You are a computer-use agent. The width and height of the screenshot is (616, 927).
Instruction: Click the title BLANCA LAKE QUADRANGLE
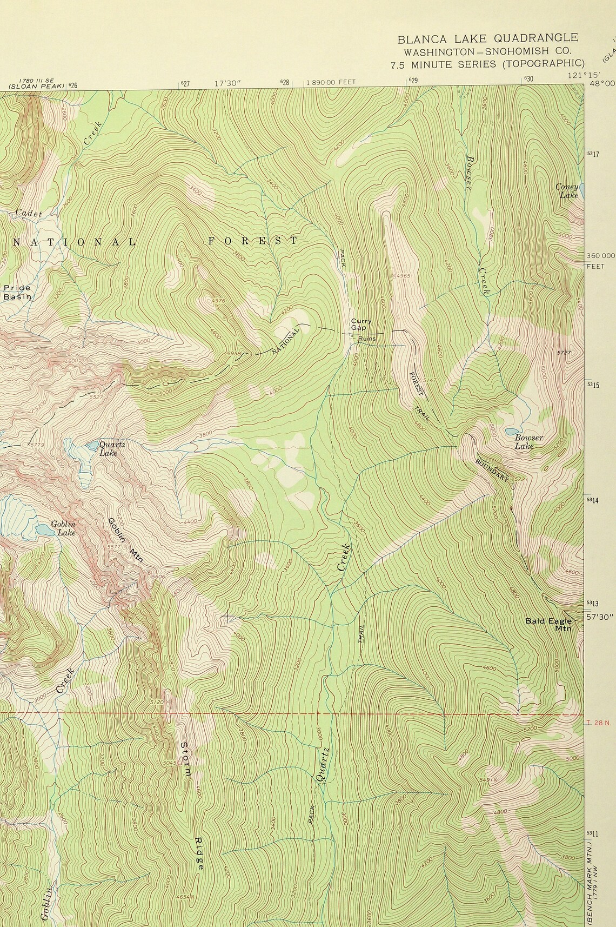click(487, 38)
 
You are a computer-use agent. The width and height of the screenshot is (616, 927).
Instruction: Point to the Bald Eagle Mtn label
click(548, 624)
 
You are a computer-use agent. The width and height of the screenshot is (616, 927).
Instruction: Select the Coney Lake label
click(567, 190)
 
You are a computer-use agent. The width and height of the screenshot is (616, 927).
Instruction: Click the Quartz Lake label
click(112, 448)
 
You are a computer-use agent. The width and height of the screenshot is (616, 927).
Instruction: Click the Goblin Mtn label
click(125, 541)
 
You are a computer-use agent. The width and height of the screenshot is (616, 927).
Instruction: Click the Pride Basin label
click(16, 292)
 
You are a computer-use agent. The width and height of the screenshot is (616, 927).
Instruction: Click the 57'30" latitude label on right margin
click(598, 616)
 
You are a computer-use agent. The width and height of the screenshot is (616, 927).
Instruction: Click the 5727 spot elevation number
click(564, 353)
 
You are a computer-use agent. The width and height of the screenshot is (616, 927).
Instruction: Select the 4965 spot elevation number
click(404, 276)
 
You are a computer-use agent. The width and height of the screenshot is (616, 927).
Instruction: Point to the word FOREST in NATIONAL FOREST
click(253, 241)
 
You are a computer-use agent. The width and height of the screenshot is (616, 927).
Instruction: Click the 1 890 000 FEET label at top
click(331, 82)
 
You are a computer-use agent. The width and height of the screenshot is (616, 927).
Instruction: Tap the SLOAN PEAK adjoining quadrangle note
click(36, 85)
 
